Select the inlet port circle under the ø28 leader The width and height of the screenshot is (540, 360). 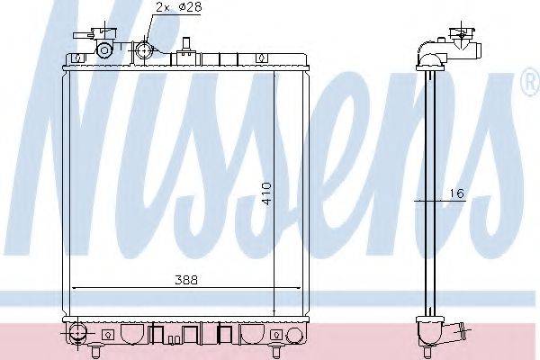click(147, 50)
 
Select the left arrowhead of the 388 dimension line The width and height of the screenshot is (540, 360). click(75, 287)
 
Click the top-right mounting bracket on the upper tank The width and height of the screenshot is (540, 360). click(261, 57)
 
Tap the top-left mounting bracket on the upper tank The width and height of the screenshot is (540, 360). click(77, 58)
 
